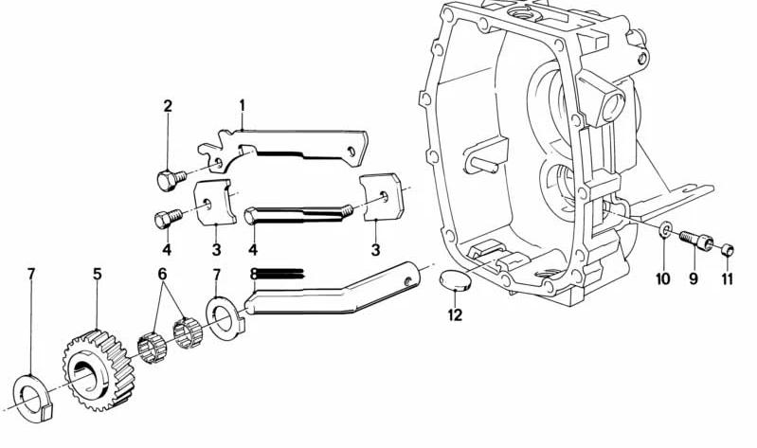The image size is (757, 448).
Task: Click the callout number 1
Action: tap(242, 106)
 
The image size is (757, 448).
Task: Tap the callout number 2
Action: tap(168, 106)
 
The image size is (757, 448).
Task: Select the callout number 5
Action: tap(98, 275)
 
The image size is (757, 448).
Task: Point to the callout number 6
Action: tap(162, 275)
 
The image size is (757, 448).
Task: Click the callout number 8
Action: tap(254, 275)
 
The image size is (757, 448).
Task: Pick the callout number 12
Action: tap(455, 315)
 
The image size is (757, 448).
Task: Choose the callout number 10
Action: tap(663, 278)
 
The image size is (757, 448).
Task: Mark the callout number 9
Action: tap(694, 278)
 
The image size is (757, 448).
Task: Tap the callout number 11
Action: tap(727, 278)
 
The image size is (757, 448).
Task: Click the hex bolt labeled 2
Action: tap(171, 180)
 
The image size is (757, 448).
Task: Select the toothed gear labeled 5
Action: tap(99, 369)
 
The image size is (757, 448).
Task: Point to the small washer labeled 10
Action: tap(665, 229)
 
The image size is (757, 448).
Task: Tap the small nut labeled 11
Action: tap(728, 250)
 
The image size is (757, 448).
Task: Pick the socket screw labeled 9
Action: tap(696, 240)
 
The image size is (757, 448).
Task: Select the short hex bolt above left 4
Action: tap(168, 219)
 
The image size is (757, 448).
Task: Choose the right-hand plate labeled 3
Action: tap(382, 197)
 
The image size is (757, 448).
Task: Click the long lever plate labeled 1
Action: tap(284, 147)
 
